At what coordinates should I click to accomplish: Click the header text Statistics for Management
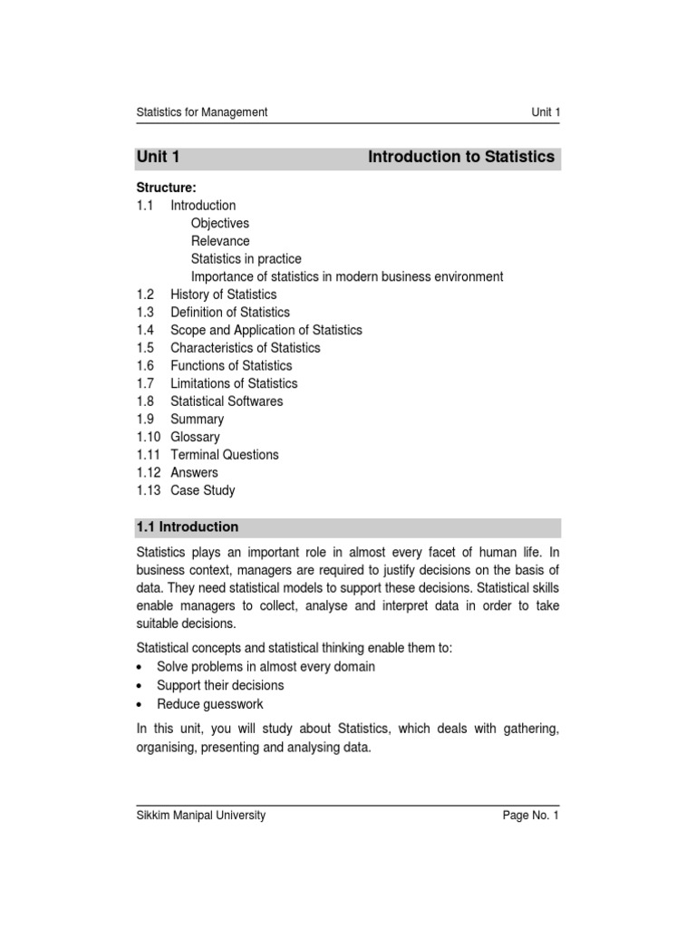click(201, 112)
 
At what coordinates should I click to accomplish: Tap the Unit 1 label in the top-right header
click(546, 112)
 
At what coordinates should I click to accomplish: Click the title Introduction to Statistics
click(460, 157)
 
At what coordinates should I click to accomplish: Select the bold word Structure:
click(166, 188)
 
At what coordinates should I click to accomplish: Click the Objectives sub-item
click(219, 223)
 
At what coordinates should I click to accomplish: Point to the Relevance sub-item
click(219, 241)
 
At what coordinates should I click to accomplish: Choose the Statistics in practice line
click(246, 259)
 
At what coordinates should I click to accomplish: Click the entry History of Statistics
click(223, 295)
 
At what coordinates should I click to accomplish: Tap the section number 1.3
click(145, 313)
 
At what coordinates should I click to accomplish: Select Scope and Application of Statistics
click(266, 330)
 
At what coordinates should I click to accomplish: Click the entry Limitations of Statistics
click(233, 383)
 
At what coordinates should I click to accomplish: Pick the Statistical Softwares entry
click(227, 401)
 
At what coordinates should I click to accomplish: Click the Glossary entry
click(195, 437)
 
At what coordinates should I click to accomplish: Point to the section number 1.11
click(149, 455)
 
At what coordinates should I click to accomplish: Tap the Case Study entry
click(202, 490)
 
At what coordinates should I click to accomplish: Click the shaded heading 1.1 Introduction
click(188, 527)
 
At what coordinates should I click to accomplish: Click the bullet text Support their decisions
click(219, 685)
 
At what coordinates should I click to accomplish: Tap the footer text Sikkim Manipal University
click(200, 815)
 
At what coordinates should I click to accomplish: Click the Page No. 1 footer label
click(532, 816)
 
